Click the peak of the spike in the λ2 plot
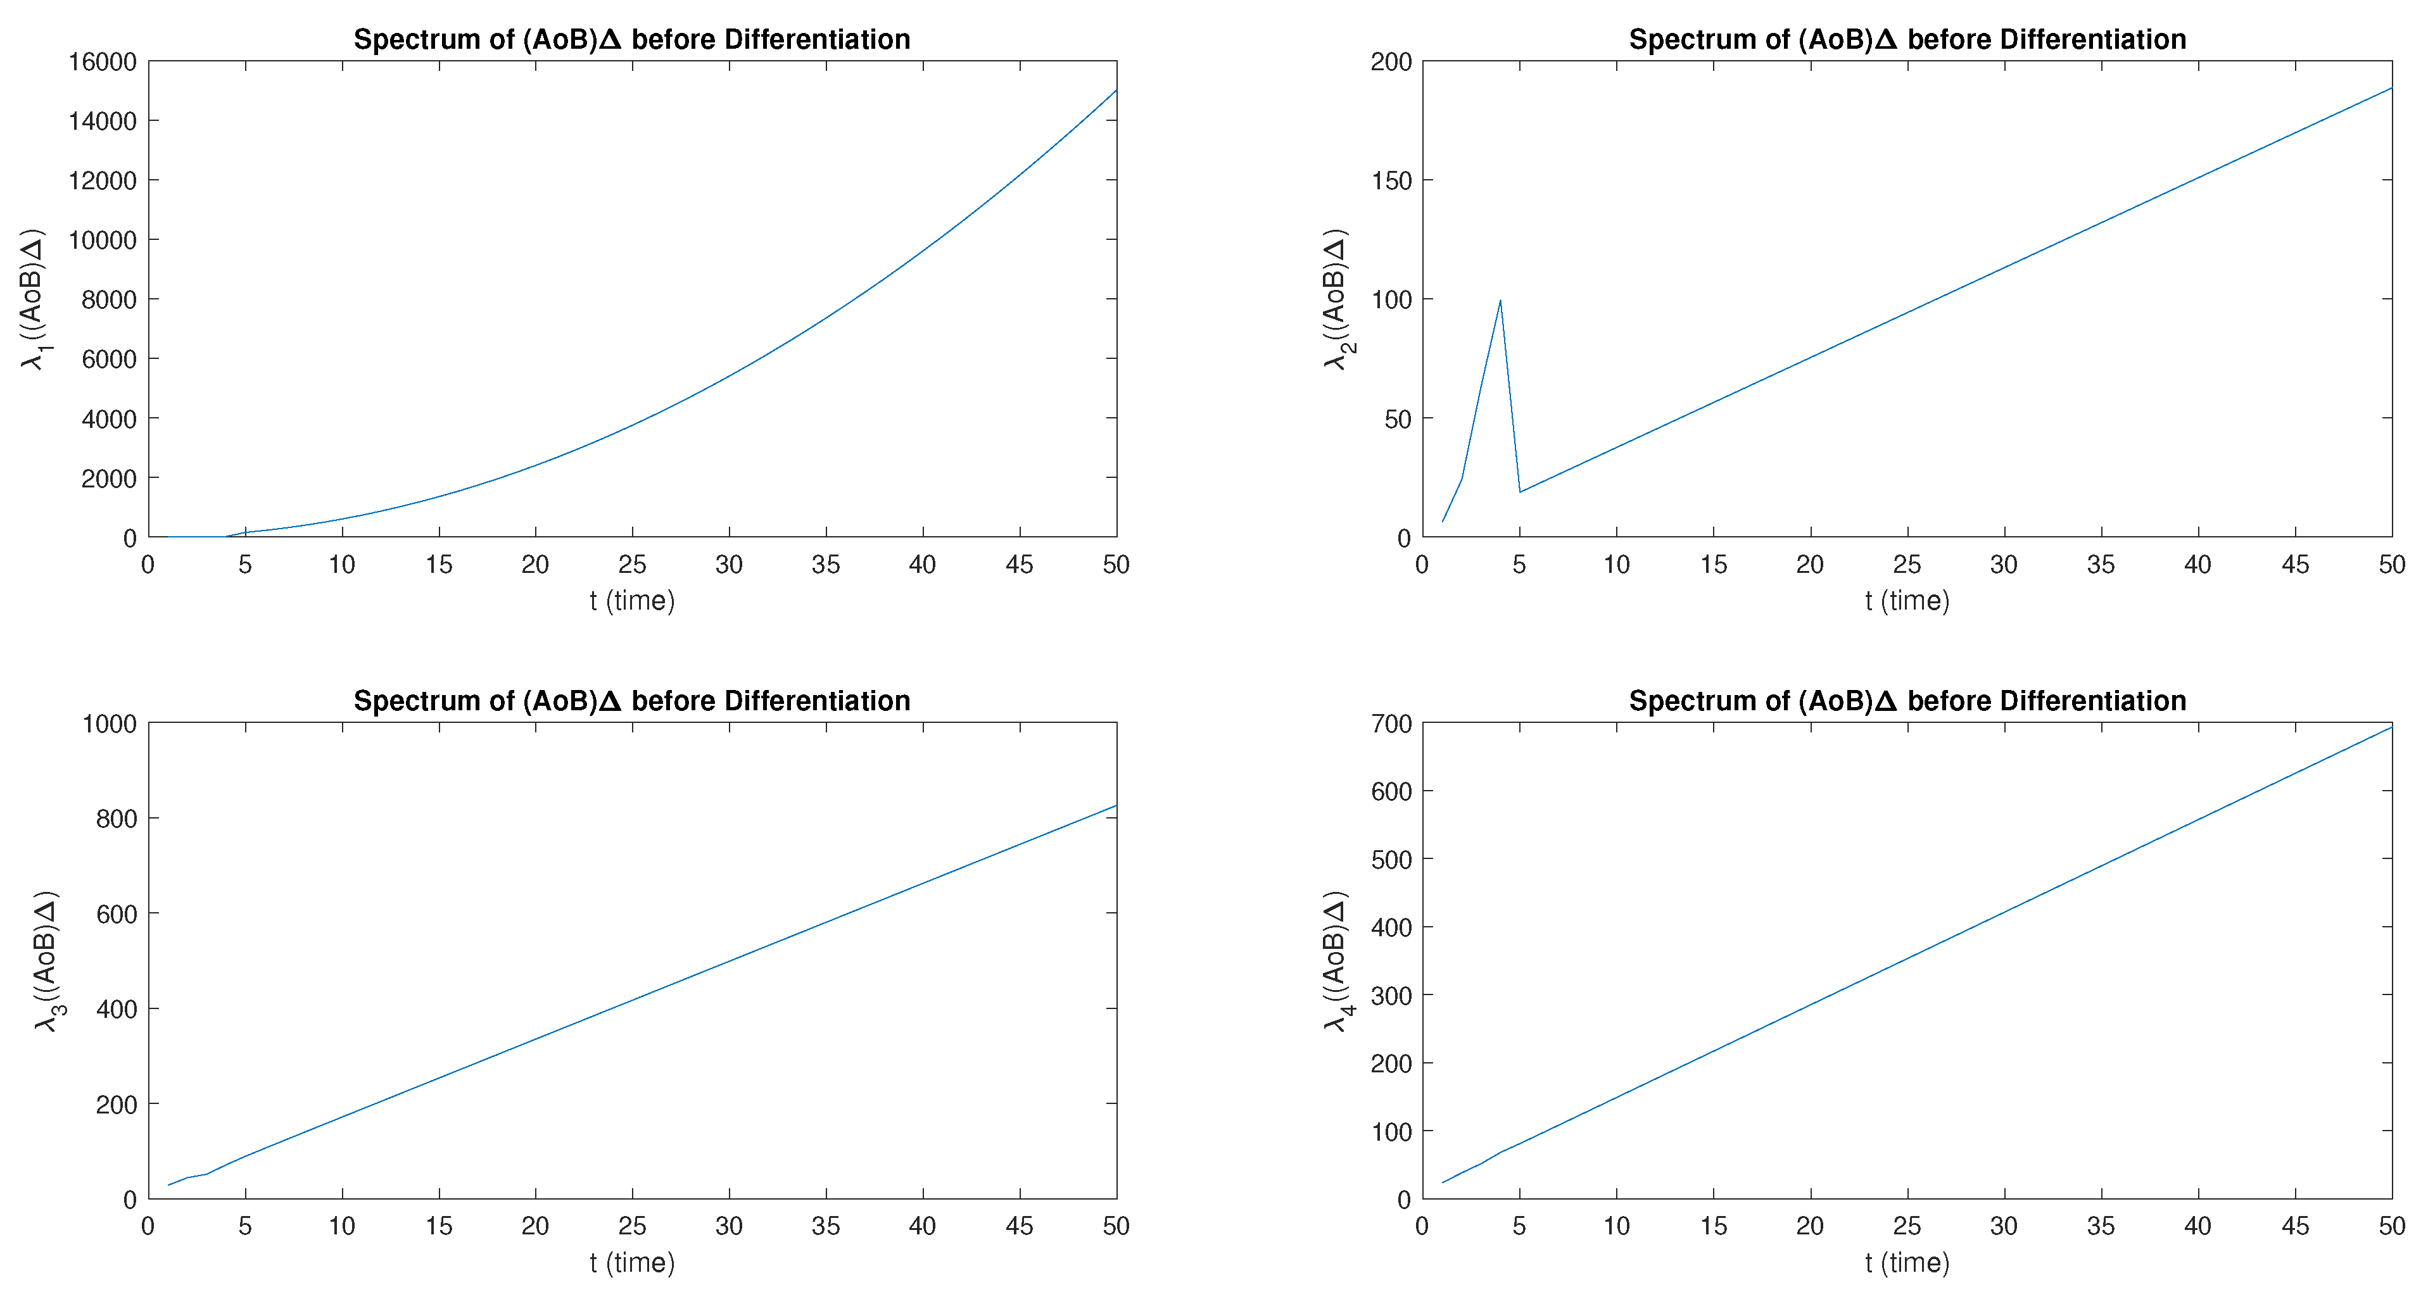(1500, 301)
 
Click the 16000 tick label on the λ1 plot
(103, 62)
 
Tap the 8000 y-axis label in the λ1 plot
(110, 299)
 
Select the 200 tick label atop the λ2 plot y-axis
(1391, 62)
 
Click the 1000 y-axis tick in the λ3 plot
(110, 724)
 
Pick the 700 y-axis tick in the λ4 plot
(1391, 724)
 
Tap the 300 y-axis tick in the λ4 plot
(1391, 995)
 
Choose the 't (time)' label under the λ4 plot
(1907, 1263)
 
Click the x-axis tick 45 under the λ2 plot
(2295, 565)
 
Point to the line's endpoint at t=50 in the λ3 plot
(1116, 806)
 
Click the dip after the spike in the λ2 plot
(1519, 492)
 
